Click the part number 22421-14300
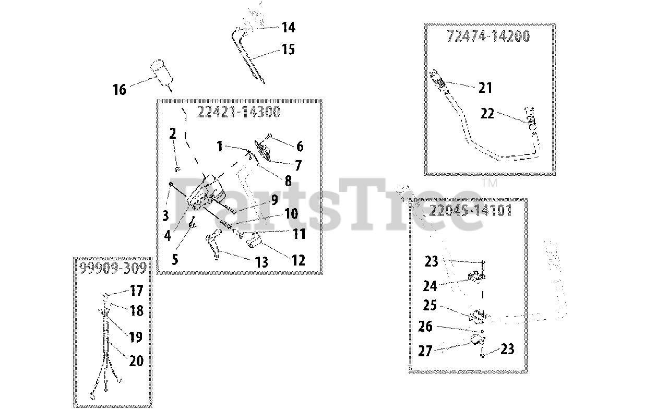coord(238,112)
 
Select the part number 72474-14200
coord(488,36)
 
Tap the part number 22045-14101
coord(470,211)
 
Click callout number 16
coord(120,90)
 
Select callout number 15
coord(288,50)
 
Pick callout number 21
coord(485,88)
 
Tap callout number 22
coord(487,113)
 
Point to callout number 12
coord(298,260)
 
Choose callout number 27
coord(425,351)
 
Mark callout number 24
coord(431,286)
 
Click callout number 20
coord(136,360)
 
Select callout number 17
coord(136,290)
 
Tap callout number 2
coord(173,134)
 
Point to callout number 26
coord(426,327)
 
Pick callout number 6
coord(300,147)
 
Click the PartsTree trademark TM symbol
coord(489,183)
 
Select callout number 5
coord(175,259)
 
